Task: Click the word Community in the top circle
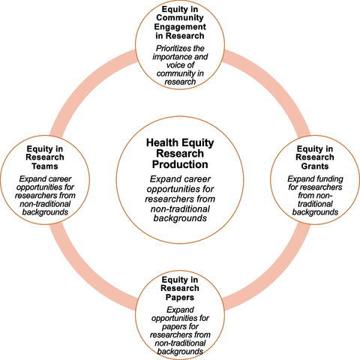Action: point(180,18)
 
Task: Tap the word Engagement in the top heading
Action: point(180,27)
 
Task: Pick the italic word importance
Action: point(172,57)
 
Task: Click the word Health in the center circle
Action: point(162,142)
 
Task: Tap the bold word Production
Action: point(180,164)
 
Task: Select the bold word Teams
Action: point(45,166)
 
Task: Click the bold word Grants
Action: point(315,166)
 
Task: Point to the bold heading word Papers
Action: point(180,298)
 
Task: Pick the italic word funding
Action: point(329,179)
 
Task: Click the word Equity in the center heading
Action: point(198,143)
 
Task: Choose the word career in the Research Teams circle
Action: point(60,179)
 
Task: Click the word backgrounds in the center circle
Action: point(180,218)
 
